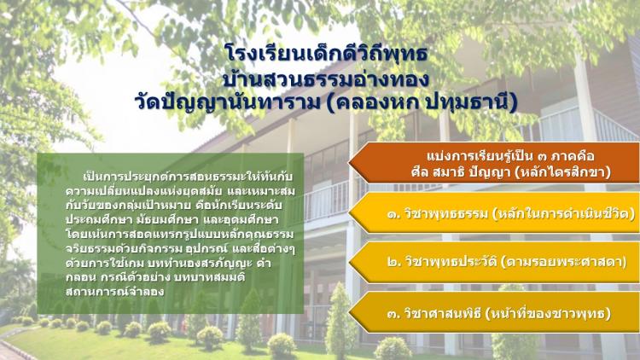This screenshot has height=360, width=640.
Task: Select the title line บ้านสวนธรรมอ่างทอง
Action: click(x=326, y=78)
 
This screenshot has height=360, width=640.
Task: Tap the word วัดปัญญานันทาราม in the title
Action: click(x=228, y=102)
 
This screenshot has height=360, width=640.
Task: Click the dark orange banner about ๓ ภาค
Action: click(x=494, y=162)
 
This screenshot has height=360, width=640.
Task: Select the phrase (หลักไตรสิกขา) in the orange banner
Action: click(x=562, y=172)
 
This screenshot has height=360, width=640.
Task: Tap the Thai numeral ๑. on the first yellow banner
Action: click(x=394, y=214)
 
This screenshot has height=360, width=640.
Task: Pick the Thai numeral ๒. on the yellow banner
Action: click(x=394, y=262)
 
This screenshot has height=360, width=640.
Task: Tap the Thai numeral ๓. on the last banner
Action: click(x=394, y=314)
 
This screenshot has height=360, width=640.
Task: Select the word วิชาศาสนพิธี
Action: click(x=443, y=313)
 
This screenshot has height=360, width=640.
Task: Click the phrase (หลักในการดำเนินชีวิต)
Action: click(x=563, y=213)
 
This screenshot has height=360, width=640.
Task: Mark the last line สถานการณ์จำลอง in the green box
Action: click(x=114, y=292)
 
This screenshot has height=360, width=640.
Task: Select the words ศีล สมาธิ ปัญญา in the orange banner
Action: click(x=461, y=172)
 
